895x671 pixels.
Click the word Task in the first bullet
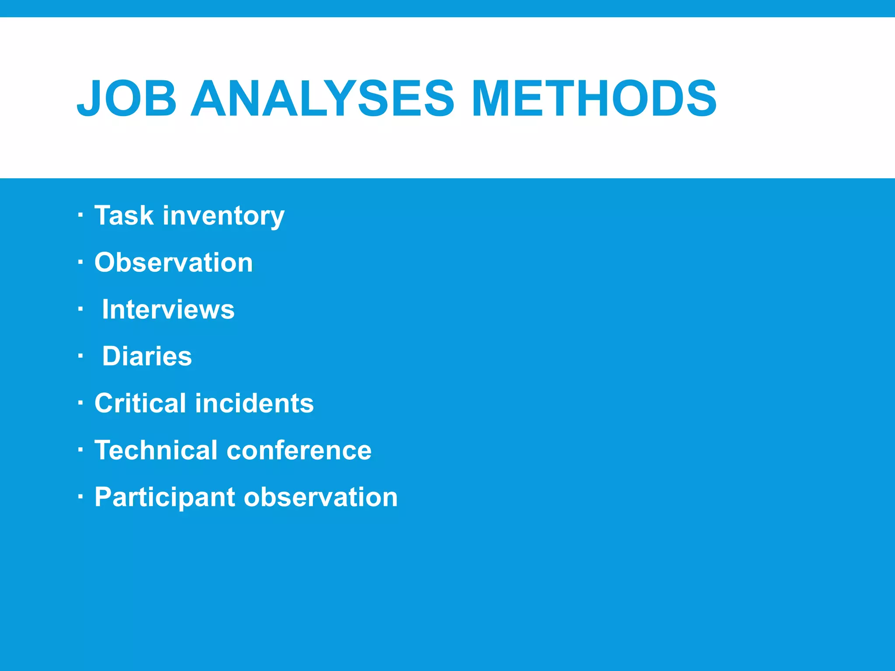point(124,215)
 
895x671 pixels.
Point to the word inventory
point(223,216)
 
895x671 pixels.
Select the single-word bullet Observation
point(173,263)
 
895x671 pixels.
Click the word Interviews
point(168,309)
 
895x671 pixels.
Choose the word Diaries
point(147,356)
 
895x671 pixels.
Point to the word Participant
point(165,498)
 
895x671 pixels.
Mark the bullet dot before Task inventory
point(80,215)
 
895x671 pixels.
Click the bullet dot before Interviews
point(80,309)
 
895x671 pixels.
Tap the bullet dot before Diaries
point(80,356)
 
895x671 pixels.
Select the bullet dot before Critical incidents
point(80,403)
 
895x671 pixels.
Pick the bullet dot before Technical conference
point(80,450)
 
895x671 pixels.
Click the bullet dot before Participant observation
point(80,497)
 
